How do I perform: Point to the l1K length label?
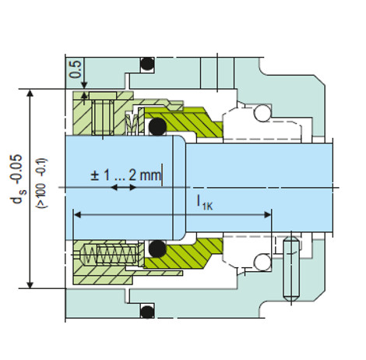(204, 203)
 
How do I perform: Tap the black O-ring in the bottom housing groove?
(145, 312)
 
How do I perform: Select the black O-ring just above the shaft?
(157, 126)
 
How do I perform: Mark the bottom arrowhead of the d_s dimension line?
(31, 283)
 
